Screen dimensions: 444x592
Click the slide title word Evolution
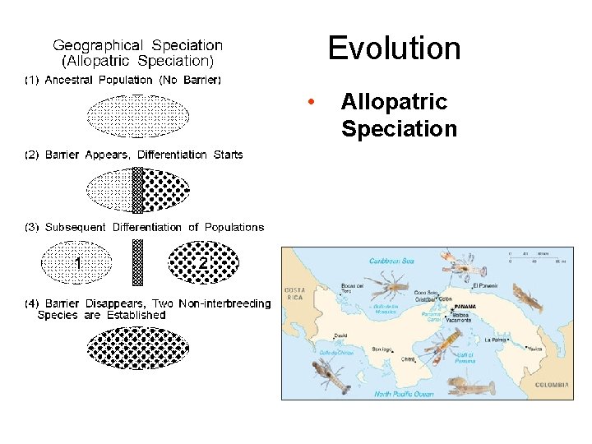[394, 49]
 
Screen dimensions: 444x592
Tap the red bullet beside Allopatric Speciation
[309, 103]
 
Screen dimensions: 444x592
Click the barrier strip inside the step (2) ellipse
[138, 189]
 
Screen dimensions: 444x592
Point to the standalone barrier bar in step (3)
[138, 262]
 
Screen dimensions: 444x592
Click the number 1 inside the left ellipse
[77, 263]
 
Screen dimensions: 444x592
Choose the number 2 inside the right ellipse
[202, 263]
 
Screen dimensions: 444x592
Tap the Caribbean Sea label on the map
[391, 261]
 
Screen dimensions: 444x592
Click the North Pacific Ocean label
[404, 394]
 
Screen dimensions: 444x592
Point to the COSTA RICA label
[294, 294]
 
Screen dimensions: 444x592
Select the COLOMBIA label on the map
[552, 385]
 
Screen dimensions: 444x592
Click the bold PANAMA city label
[465, 307]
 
